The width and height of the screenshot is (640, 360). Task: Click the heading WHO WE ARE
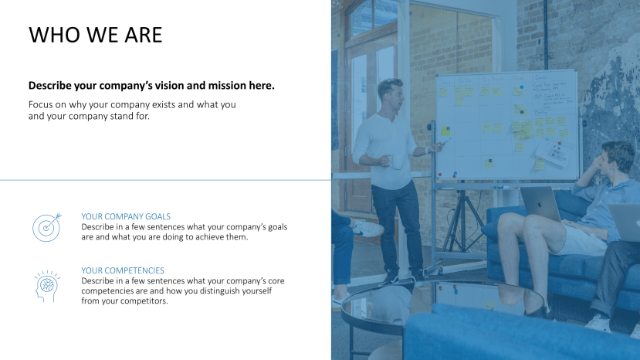point(95,35)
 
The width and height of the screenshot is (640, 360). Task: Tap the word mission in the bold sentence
point(231,86)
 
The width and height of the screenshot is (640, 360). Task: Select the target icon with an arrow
point(46,226)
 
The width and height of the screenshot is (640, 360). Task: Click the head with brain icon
point(46,284)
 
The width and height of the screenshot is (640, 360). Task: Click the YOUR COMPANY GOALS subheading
point(126,216)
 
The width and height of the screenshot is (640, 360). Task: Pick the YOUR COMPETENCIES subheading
point(123,270)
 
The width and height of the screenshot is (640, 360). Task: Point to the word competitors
point(142,301)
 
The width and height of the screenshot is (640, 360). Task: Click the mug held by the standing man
point(396,161)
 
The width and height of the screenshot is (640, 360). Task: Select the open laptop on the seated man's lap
point(540,204)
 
